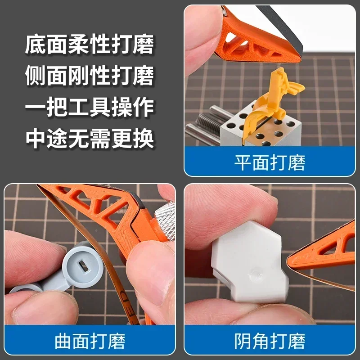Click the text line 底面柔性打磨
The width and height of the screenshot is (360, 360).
point(90,45)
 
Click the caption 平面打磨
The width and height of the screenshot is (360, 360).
point(270,162)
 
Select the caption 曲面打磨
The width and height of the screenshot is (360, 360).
point(90,341)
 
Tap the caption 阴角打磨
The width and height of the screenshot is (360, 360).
point(270,341)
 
